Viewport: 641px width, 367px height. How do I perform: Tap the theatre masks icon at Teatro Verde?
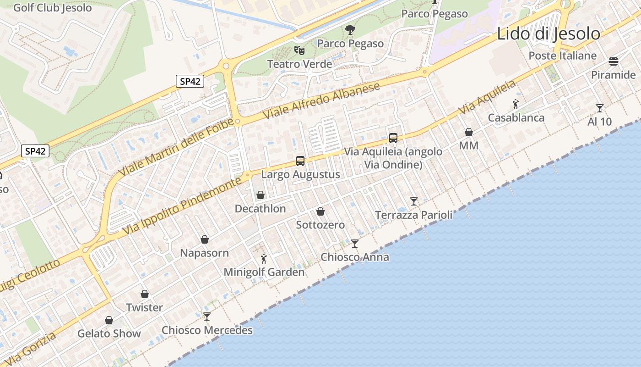pos(299,50)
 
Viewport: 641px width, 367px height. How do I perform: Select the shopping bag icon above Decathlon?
pos(261,195)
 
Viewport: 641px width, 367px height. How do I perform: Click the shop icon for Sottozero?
pos(320,211)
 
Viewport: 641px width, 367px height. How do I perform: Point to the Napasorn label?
pos(204,253)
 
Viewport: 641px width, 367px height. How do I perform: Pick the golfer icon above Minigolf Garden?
pos(263,259)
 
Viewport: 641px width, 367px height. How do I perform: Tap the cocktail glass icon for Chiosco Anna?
pos(355,243)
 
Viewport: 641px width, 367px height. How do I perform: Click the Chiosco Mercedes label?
pos(207,330)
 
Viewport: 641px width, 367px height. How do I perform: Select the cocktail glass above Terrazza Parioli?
pos(414,201)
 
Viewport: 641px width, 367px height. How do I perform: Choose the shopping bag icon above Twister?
pos(145,294)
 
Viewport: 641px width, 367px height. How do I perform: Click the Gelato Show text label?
pos(109,334)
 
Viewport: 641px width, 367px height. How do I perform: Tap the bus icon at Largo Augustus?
pos(300,161)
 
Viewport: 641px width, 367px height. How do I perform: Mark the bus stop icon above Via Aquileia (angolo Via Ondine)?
pos(393,138)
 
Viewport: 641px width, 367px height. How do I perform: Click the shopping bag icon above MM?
pos(469,132)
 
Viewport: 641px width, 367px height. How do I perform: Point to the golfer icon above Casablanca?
pos(516,104)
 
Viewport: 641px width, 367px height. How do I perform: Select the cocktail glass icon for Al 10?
pos(600,108)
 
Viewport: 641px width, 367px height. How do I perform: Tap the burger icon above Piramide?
pos(614,61)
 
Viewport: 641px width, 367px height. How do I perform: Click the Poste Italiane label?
pos(563,56)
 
